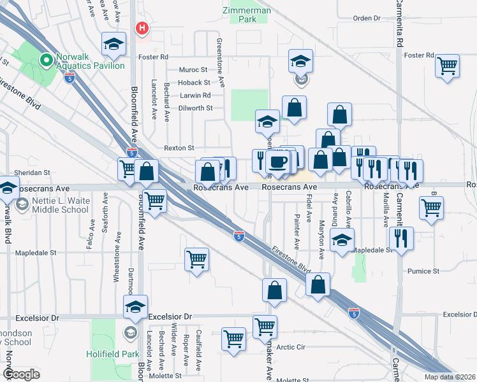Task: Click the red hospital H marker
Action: click(142, 28)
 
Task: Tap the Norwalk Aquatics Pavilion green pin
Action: click(45, 60)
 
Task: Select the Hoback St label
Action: click(194, 83)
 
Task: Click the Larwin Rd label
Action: click(195, 95)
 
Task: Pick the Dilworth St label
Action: click(195, 108)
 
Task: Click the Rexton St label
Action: click(179, 148)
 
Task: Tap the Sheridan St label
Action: click(33, 173)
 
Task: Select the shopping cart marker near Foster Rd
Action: click(448, 64)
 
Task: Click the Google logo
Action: click(20, 375)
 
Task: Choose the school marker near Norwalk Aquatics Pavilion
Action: click(114, 44)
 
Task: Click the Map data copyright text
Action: click(450, 377)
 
